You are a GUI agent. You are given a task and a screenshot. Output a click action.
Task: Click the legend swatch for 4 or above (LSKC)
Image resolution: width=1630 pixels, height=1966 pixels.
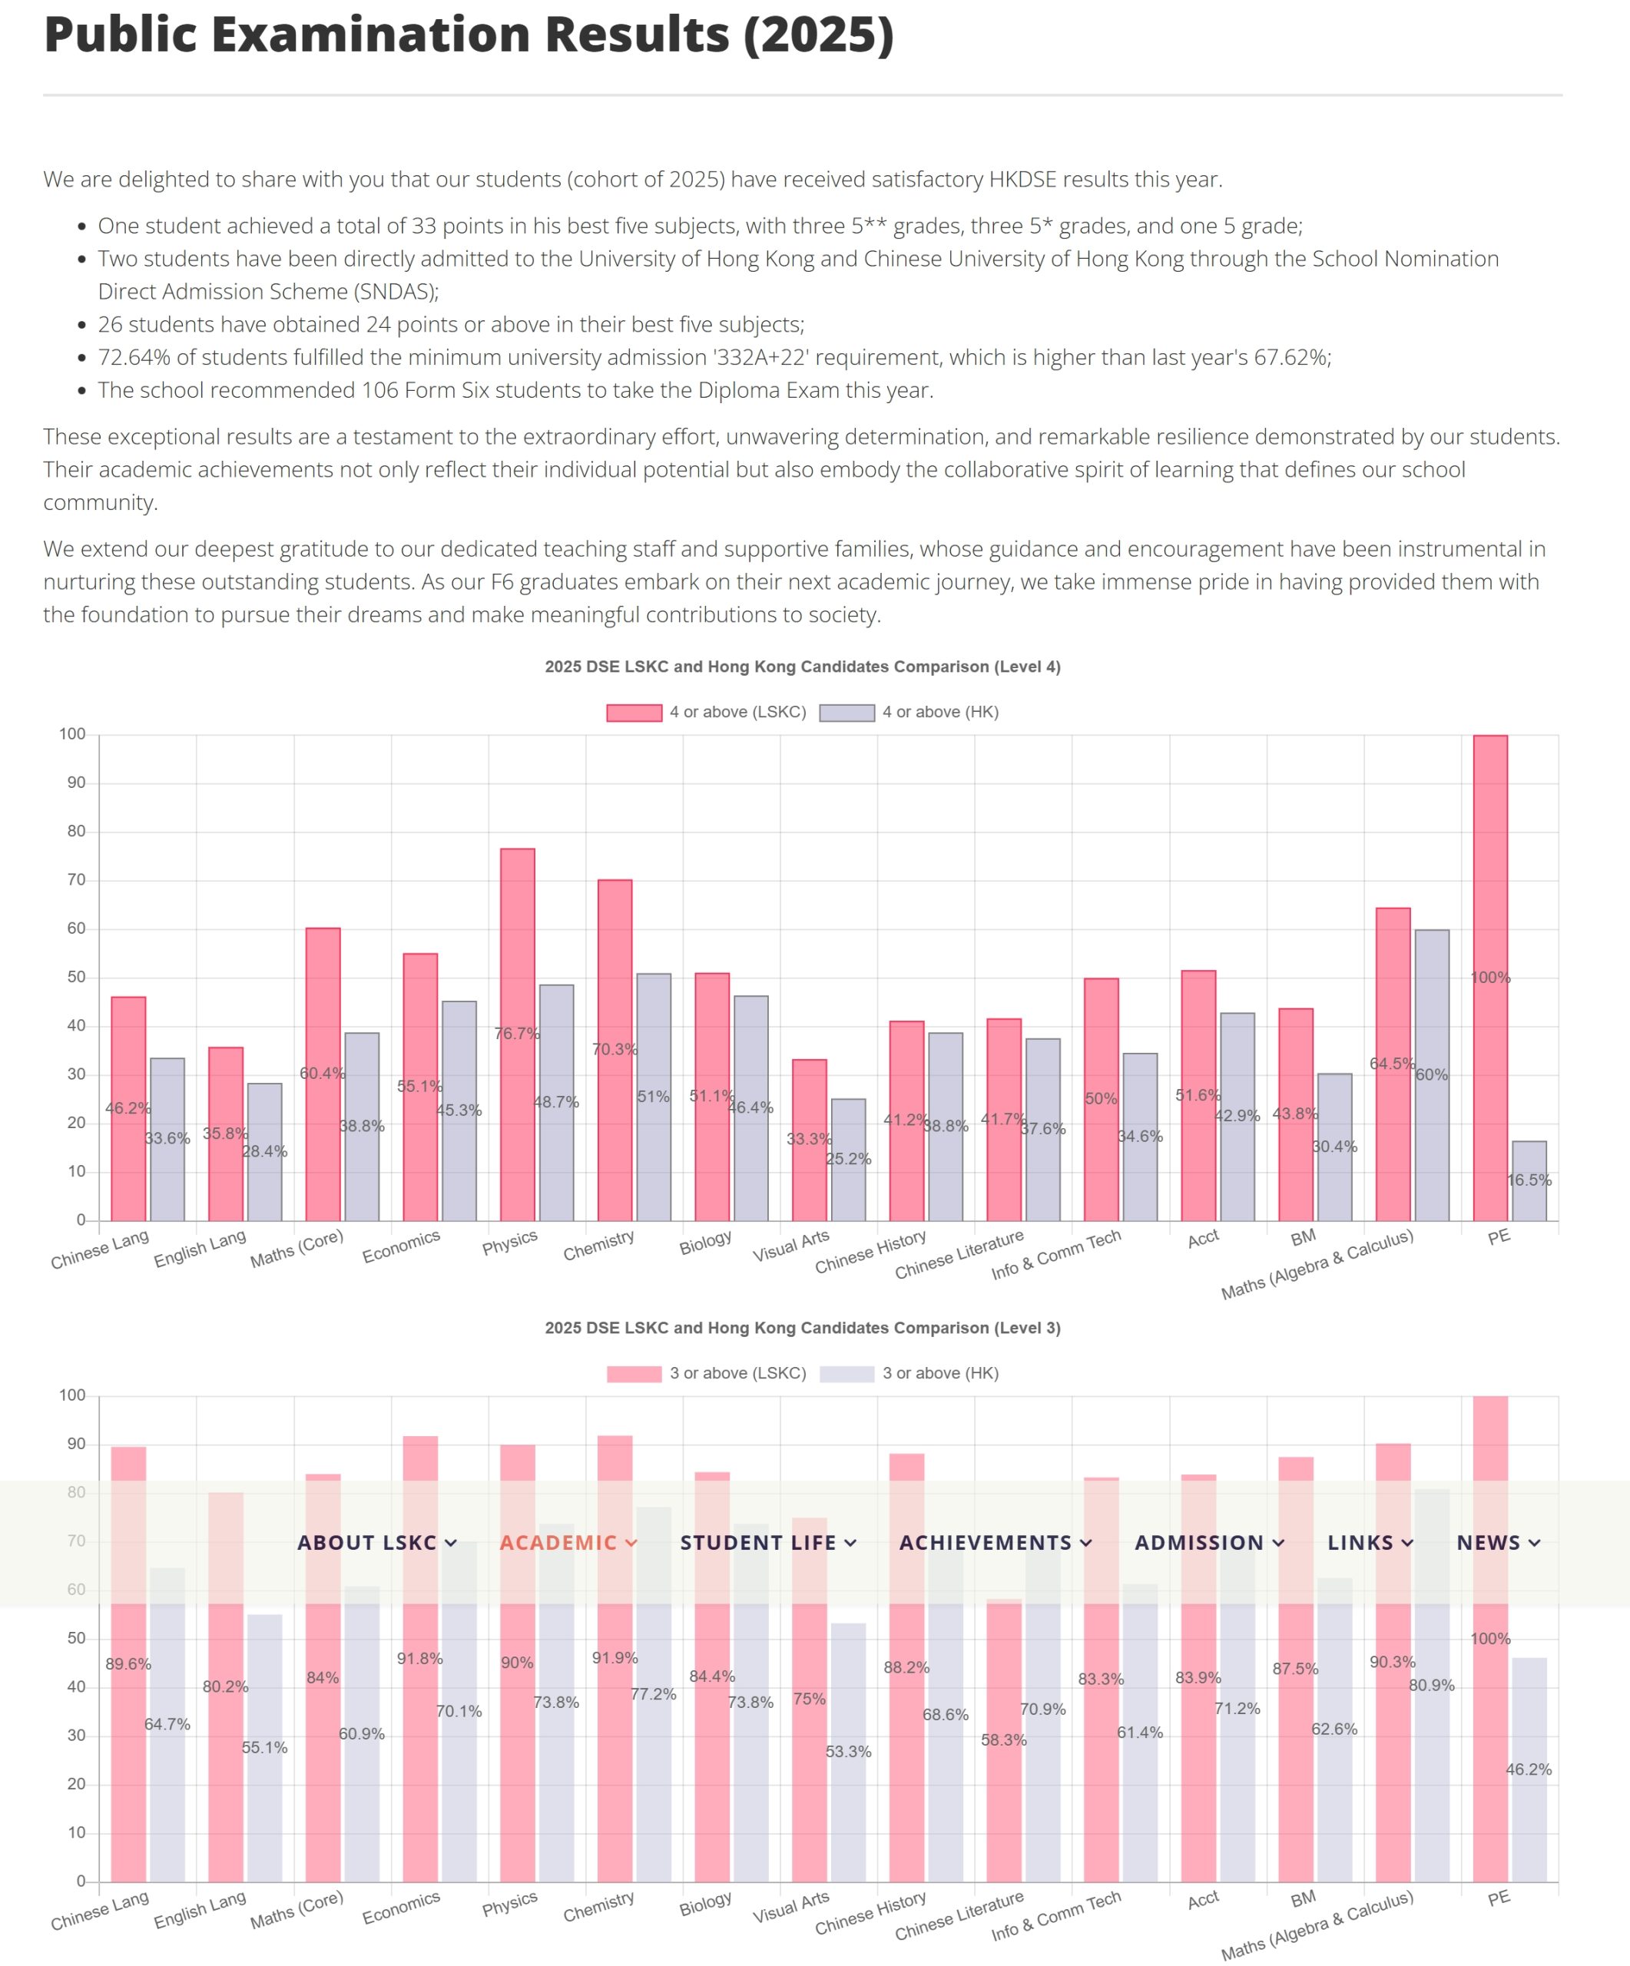634,713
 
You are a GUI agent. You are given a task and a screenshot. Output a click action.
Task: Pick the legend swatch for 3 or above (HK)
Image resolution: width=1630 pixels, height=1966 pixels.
846,1373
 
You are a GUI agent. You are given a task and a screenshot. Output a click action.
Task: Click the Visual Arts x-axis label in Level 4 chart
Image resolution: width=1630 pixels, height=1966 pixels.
791,1245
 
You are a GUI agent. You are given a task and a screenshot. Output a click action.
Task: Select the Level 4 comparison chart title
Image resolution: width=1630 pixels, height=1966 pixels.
803,667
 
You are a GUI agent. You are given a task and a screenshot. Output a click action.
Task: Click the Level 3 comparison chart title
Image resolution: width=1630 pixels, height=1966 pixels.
803,1328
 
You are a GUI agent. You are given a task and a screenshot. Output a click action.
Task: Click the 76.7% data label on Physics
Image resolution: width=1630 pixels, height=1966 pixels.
517,1034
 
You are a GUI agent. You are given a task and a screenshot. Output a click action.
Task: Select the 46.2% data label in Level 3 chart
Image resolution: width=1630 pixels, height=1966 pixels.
1528,1769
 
